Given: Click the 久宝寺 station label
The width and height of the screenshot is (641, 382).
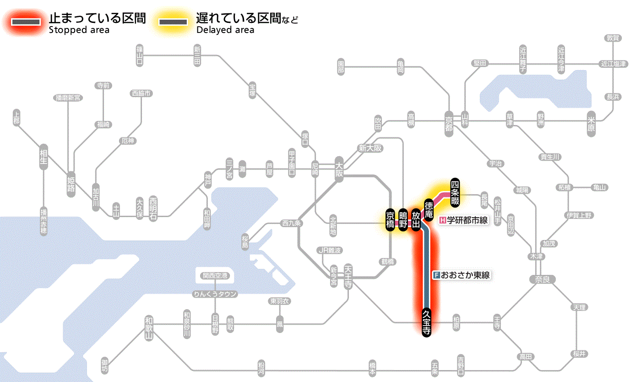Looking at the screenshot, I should (427, 322).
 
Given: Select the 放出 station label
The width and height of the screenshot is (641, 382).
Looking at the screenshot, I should (416, 220).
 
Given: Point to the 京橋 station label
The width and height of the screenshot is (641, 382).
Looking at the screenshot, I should (390, 220).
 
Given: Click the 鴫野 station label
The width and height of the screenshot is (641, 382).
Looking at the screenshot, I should (403, 220).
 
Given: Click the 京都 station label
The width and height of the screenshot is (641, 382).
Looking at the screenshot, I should (449, 121).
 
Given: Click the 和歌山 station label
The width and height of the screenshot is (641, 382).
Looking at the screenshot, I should (149, 328).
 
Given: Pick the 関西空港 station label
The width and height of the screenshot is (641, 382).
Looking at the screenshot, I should (214, 276).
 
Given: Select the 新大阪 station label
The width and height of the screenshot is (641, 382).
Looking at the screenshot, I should (370, 148).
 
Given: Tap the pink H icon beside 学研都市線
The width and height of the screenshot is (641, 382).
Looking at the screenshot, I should (442, 220).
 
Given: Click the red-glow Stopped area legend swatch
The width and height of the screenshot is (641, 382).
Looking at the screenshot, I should (28, 22).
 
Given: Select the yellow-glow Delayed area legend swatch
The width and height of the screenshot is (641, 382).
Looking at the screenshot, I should (173, 22).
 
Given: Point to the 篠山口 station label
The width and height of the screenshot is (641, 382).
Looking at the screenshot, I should (140, 55).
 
